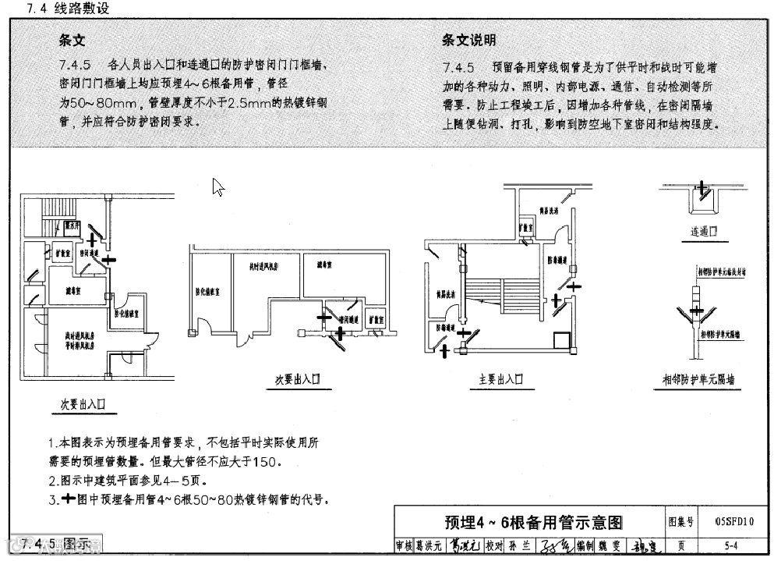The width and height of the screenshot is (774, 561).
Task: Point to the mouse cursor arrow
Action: pyautogui.click(x=217, y=186)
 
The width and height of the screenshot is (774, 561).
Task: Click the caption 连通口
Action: pyautogui.click(x=703, y=232)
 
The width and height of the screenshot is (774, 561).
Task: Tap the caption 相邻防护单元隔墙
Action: pyautogui.click(x=698, y=380)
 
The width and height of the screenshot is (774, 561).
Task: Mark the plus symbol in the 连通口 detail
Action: pyautogui.click(x=702, y=188)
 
